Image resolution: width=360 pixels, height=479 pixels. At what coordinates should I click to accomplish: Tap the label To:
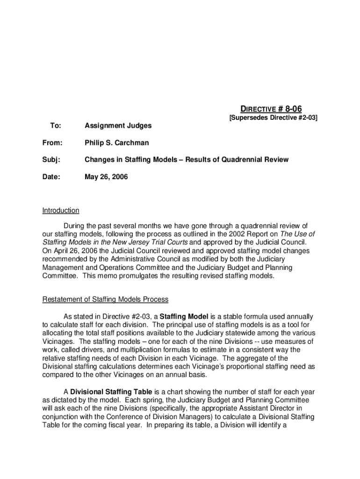coord(55,125)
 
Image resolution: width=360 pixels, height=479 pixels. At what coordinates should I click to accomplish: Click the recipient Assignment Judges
coord(118,125)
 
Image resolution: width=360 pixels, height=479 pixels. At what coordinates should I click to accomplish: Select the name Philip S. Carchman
coord(116,142)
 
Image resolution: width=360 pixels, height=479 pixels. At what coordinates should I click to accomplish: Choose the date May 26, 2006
coord(106,177)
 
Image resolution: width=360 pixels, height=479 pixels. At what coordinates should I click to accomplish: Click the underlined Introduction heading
coord(61,210)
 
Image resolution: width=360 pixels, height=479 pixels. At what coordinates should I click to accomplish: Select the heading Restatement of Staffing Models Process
coord(105,299)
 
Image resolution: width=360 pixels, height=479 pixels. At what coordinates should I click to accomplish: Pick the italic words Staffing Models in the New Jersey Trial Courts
coord(115,242)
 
